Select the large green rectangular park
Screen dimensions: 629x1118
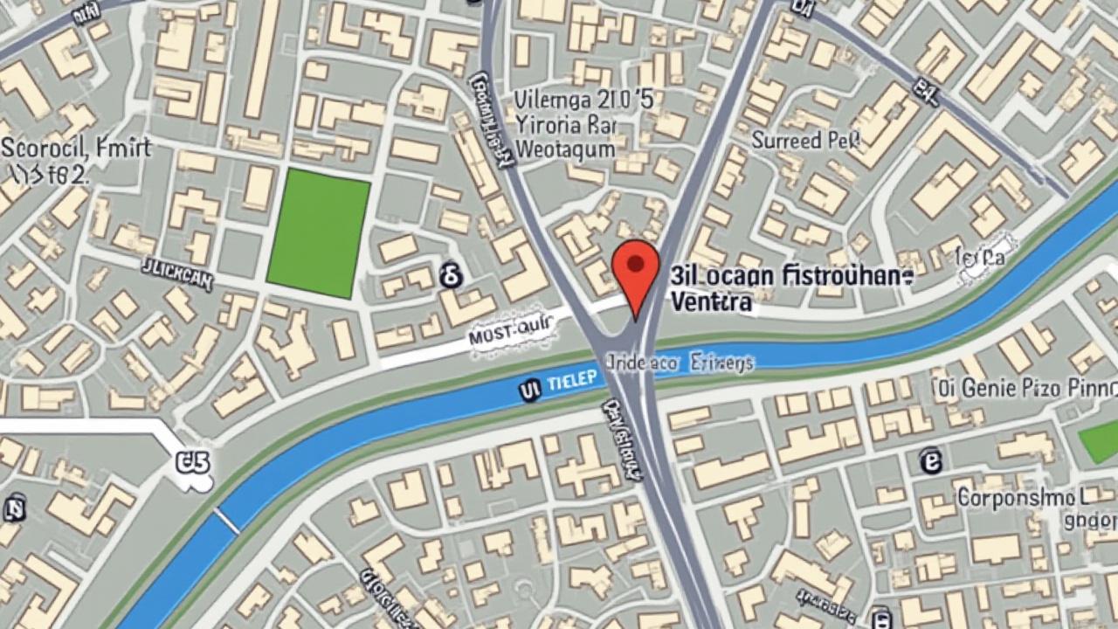(318, 233)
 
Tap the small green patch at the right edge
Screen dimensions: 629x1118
(1100, 442)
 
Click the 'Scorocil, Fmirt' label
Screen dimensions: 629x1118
(76, 148)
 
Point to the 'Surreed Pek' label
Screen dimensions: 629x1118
(805, 140)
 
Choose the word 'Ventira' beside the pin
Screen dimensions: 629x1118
(711, 302)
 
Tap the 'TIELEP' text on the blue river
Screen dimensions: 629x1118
(572, 380)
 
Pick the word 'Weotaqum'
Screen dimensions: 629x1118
(566, 149)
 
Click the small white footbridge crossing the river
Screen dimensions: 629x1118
(227, 522)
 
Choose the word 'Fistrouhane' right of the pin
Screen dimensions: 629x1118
(834, 277)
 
